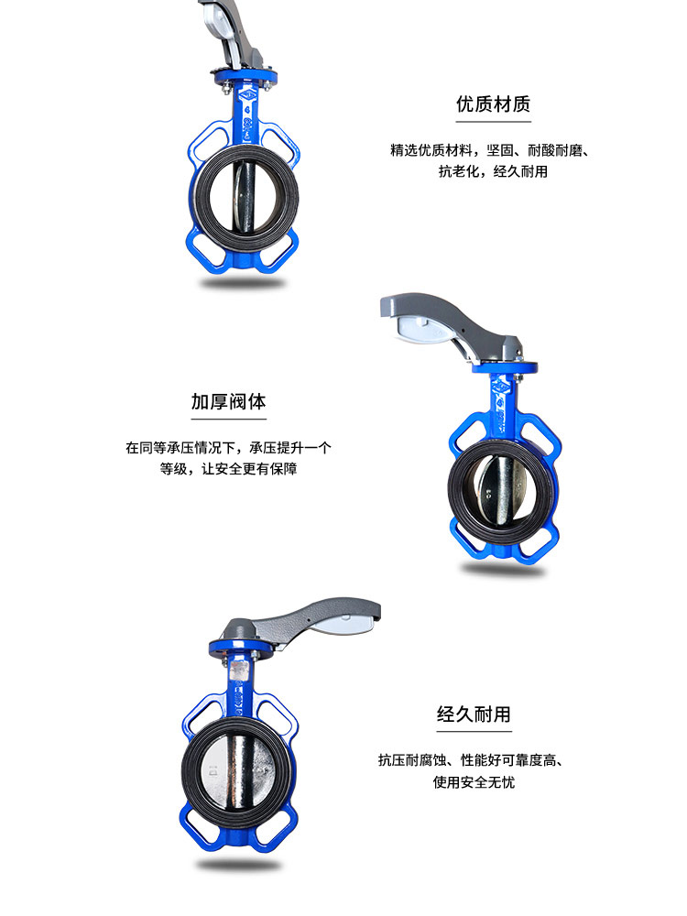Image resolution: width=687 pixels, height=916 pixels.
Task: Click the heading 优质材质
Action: pyautogui.click(x=493, y=104)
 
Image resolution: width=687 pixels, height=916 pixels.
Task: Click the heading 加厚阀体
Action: pyautogui.click(x=228, y=401)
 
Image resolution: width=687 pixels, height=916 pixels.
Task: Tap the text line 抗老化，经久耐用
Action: pyautogui.click(x=493, y=171)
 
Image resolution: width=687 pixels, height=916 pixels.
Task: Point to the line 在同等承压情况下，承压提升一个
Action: pyautogui.click(x=228, y=448)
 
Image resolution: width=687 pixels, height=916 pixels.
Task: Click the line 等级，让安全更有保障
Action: pyautogui.click(x=228, y=469)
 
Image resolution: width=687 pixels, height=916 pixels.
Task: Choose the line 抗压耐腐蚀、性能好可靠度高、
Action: pyautogui.click(x=474, y=759)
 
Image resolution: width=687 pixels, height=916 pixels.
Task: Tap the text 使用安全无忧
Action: pyautogui.click(x=474, y=781)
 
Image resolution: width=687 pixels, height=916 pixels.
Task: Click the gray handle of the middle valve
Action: pyautogui.click(x=440, y=316)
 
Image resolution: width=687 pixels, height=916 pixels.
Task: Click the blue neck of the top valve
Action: pyautogui.click(x=247, y=114)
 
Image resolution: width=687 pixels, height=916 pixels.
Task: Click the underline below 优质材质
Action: pyautogui.click(x=493, y=121)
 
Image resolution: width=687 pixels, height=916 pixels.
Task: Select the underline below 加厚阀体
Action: pyautogui.click(x=228, y=419)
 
